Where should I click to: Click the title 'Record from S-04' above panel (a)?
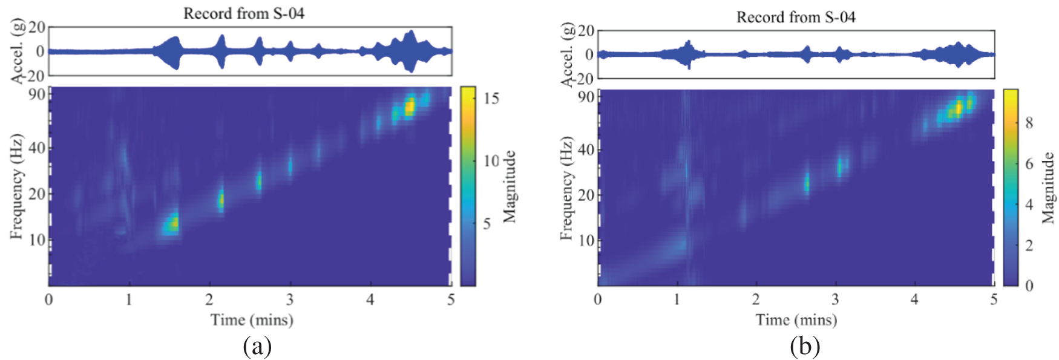[x=244, y=13]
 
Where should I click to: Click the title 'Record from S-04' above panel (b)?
[x=795, y=17]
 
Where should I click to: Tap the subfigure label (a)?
[x=257, y=347]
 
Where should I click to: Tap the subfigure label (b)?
[x=805, y=347]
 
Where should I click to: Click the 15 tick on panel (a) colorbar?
[x=491, y=99]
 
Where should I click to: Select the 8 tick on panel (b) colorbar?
[x=1029, y=123]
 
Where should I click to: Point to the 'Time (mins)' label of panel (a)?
[x=252, y=319]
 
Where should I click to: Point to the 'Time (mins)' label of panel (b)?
[x=796, y=319]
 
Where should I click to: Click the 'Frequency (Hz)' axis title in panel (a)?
[x=16, y=186]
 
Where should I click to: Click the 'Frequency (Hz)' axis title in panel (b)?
[x=566, y=188]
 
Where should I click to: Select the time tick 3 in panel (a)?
[x=290, y=299]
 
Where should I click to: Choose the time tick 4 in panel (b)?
[x=914, y=299]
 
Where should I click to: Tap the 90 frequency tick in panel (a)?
[x=37, y=94]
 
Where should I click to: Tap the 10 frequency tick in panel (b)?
[x=586, y=240]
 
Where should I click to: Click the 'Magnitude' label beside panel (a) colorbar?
[x=510, y=186]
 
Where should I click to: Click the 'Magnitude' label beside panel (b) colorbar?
[x=1048, y=188]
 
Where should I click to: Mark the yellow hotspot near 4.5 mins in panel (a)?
[x=410, y=106]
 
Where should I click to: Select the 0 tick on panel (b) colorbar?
[x=1029, y=286]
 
